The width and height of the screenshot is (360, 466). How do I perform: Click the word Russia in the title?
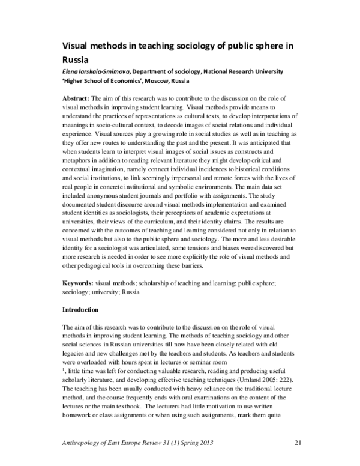click(76, 59)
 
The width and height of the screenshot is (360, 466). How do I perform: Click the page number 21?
click(298, 444)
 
